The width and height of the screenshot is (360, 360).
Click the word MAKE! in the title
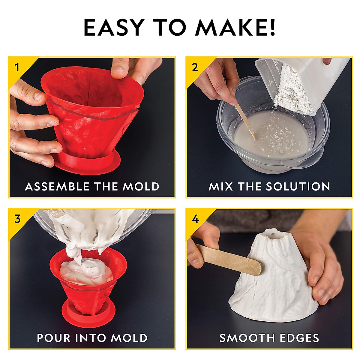tap(235, 28)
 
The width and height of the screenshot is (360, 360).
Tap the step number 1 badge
tap(17, 67)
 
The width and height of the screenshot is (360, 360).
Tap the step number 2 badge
tap(195, 67)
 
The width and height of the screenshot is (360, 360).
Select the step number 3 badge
tap(17, 219)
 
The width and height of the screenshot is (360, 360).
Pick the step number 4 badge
tap(195, 219)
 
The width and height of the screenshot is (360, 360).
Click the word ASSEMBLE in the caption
tap(57, 187)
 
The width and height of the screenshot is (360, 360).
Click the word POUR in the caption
tap(54, 338)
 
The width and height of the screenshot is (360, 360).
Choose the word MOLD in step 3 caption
tap(130, 338)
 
